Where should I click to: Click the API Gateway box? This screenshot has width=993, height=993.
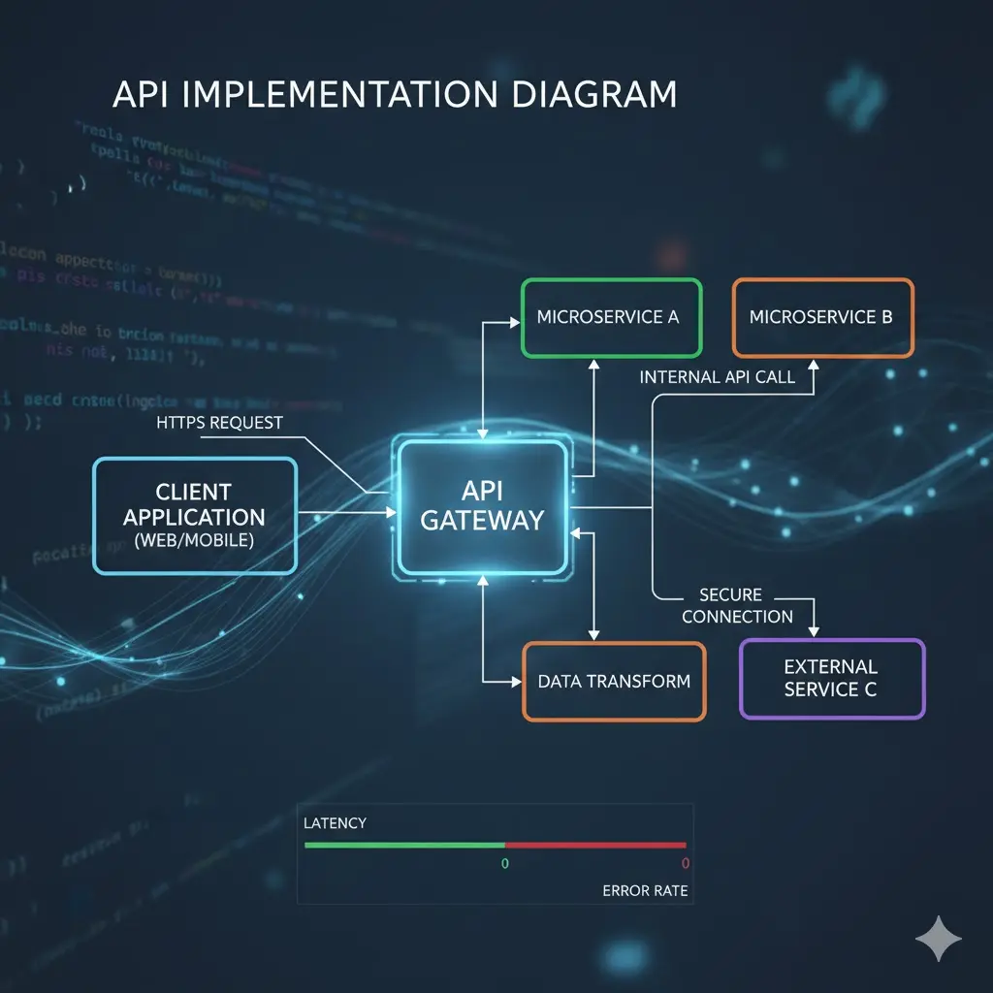click(x=482, y=505)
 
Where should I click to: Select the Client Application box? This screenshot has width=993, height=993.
click(x=194, y=515)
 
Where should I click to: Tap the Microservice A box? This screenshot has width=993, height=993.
click(x=611, y=317)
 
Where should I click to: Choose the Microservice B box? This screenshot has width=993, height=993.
click(x=821, y=317)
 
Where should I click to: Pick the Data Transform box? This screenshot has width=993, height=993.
click(x=614, y=681)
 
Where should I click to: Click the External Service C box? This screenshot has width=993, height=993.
click(x=831, y=678)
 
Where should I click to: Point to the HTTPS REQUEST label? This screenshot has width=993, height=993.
click(x=219, y=423)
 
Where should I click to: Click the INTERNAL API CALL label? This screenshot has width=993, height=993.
click(x=718, y=377)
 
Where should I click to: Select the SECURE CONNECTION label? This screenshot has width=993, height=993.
click(x=736, y=606)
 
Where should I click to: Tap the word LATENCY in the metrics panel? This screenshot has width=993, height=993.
click(x=336, y=823)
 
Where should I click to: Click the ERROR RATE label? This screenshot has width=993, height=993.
click(x=645, y=890)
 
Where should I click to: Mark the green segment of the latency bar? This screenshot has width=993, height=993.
click(x=404, y=845)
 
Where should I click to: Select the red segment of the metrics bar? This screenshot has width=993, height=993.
click(x=595, y=845)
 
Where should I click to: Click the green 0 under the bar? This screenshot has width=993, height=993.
click(x=504, y=863)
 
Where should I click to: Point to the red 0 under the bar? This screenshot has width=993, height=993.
click(x=685, y=863)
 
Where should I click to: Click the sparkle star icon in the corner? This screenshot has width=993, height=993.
click(x=939, y=939)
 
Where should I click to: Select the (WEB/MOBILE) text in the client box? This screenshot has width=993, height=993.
click(x=194, y=541)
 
